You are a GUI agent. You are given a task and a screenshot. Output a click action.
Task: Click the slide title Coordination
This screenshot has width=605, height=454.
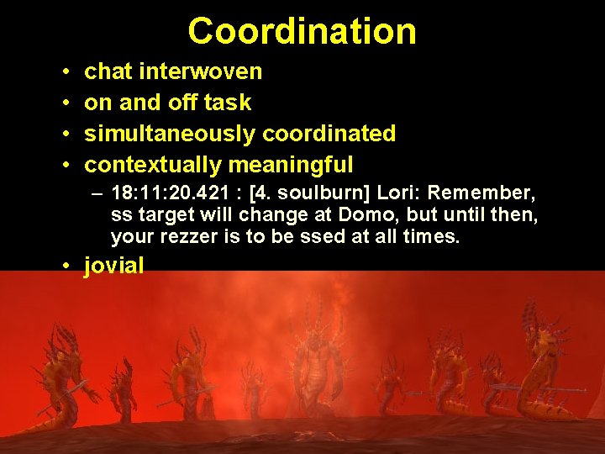pos(302,31)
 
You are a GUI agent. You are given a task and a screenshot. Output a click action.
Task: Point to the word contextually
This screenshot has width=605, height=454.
pos(153,164)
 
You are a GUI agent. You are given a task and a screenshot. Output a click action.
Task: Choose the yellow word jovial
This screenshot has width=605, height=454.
pos(114,267)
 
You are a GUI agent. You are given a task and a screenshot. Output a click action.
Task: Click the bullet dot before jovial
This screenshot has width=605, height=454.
pos(66,267)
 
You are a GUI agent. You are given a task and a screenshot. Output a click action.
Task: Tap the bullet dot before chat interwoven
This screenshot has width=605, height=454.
pos(66,72)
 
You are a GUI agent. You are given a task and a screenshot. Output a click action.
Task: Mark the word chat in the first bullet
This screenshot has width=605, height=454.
pos(109,71)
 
